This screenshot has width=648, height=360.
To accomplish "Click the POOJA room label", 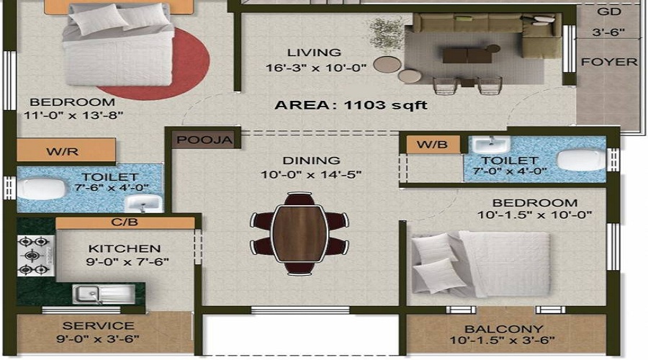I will click(205, 140).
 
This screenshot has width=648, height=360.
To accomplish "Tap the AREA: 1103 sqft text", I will click(351, 105).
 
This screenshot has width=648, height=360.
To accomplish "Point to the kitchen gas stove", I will click(35, 256).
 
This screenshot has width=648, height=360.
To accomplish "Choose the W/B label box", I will click(432, 145).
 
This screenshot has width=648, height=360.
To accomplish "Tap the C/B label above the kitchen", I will click(125, 222).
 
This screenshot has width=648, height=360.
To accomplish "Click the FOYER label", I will click(609, 62).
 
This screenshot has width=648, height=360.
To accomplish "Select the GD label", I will click(609, 12).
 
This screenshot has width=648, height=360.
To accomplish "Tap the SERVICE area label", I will click(97, 325).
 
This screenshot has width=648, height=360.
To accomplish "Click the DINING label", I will click(312, 161).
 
